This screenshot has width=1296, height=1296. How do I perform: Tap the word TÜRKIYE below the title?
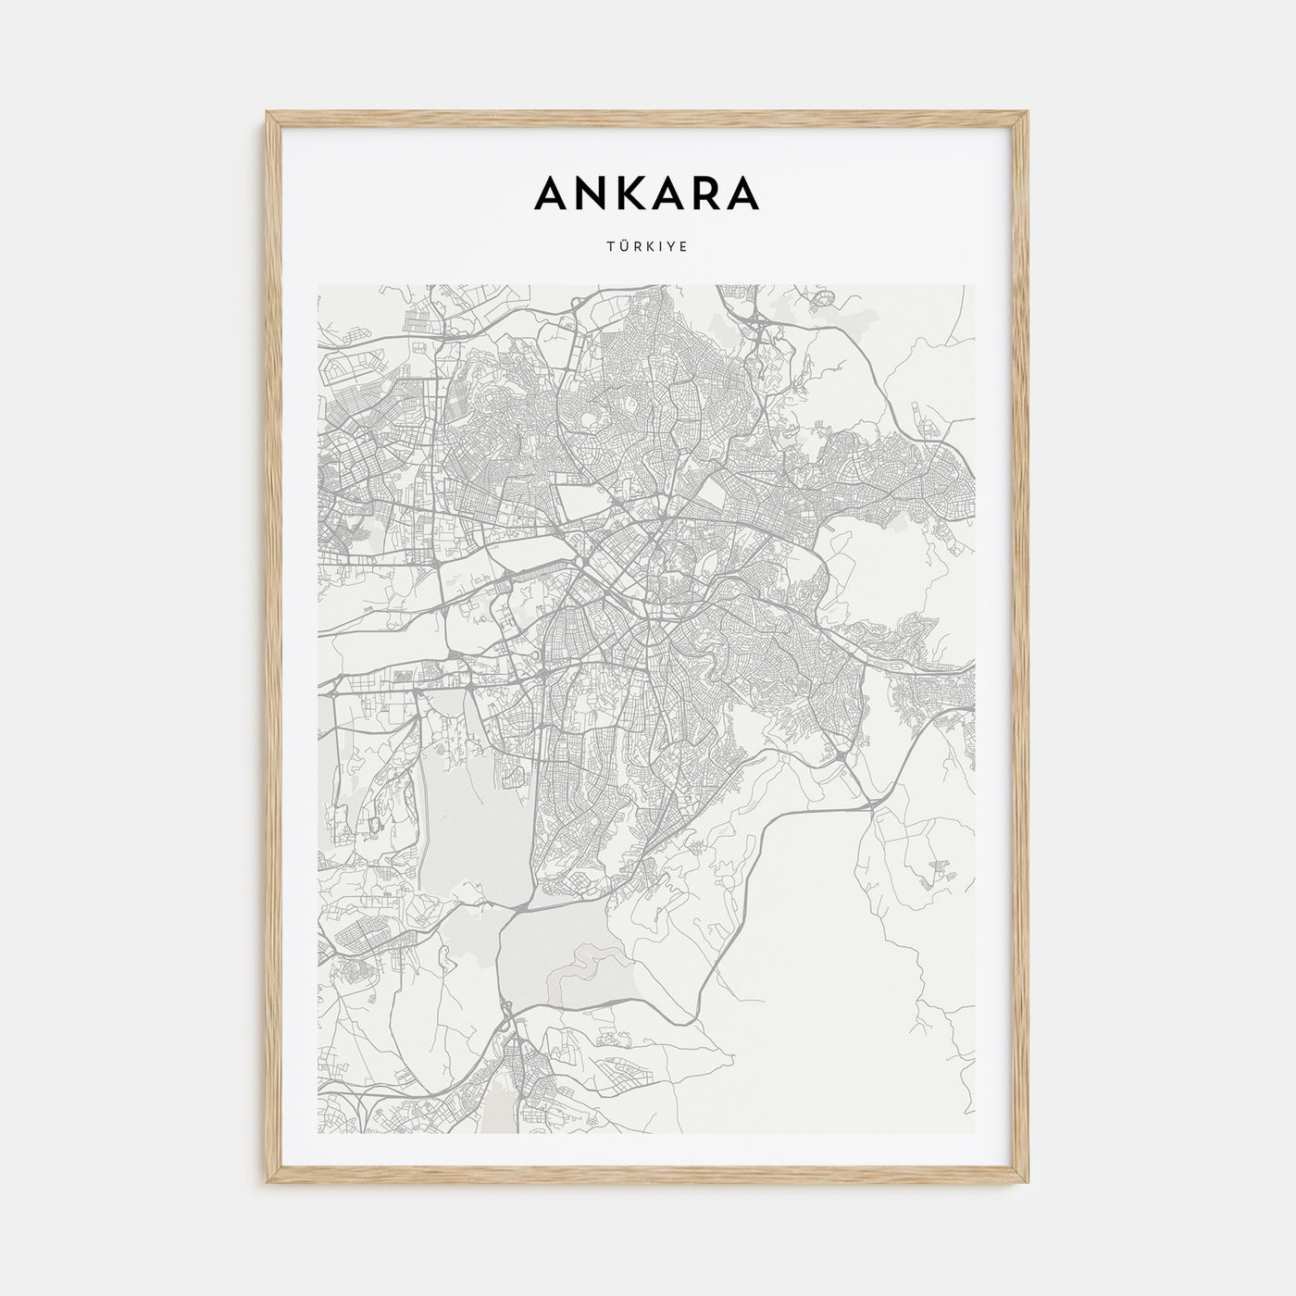pos(647,247)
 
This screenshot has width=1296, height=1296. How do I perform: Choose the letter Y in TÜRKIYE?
pos(671,247)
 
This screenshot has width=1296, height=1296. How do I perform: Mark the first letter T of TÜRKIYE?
pos(610,247)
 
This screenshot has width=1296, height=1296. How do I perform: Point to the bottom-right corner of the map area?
pos(975,1133)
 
